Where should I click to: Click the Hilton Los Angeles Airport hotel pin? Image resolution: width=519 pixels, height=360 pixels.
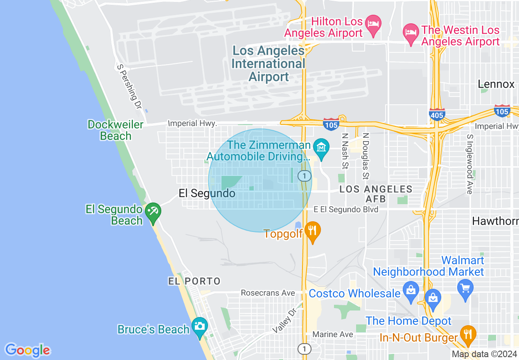[373, 23]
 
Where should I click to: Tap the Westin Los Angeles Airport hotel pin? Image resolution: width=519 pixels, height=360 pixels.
[411, 32]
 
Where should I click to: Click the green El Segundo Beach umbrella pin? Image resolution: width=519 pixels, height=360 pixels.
[153, 212]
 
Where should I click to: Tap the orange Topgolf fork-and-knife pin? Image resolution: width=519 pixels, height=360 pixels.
[313, 231]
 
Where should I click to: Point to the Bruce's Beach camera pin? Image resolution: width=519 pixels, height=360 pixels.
[200, 326]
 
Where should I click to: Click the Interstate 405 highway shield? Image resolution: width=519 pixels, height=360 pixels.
[437, 115]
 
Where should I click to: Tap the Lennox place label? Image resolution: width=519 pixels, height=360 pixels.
[496, 84]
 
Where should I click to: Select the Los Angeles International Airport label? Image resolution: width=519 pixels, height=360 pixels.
[269, 64]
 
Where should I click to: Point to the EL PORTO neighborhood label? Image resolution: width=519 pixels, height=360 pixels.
[194, 281]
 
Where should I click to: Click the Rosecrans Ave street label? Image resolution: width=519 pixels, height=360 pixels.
[268, 293]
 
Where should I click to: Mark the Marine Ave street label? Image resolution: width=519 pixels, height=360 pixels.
[332, 334]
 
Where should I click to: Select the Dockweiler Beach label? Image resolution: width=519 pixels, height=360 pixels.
[115, 130]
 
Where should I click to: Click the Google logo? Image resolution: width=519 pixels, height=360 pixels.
[27, 350]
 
